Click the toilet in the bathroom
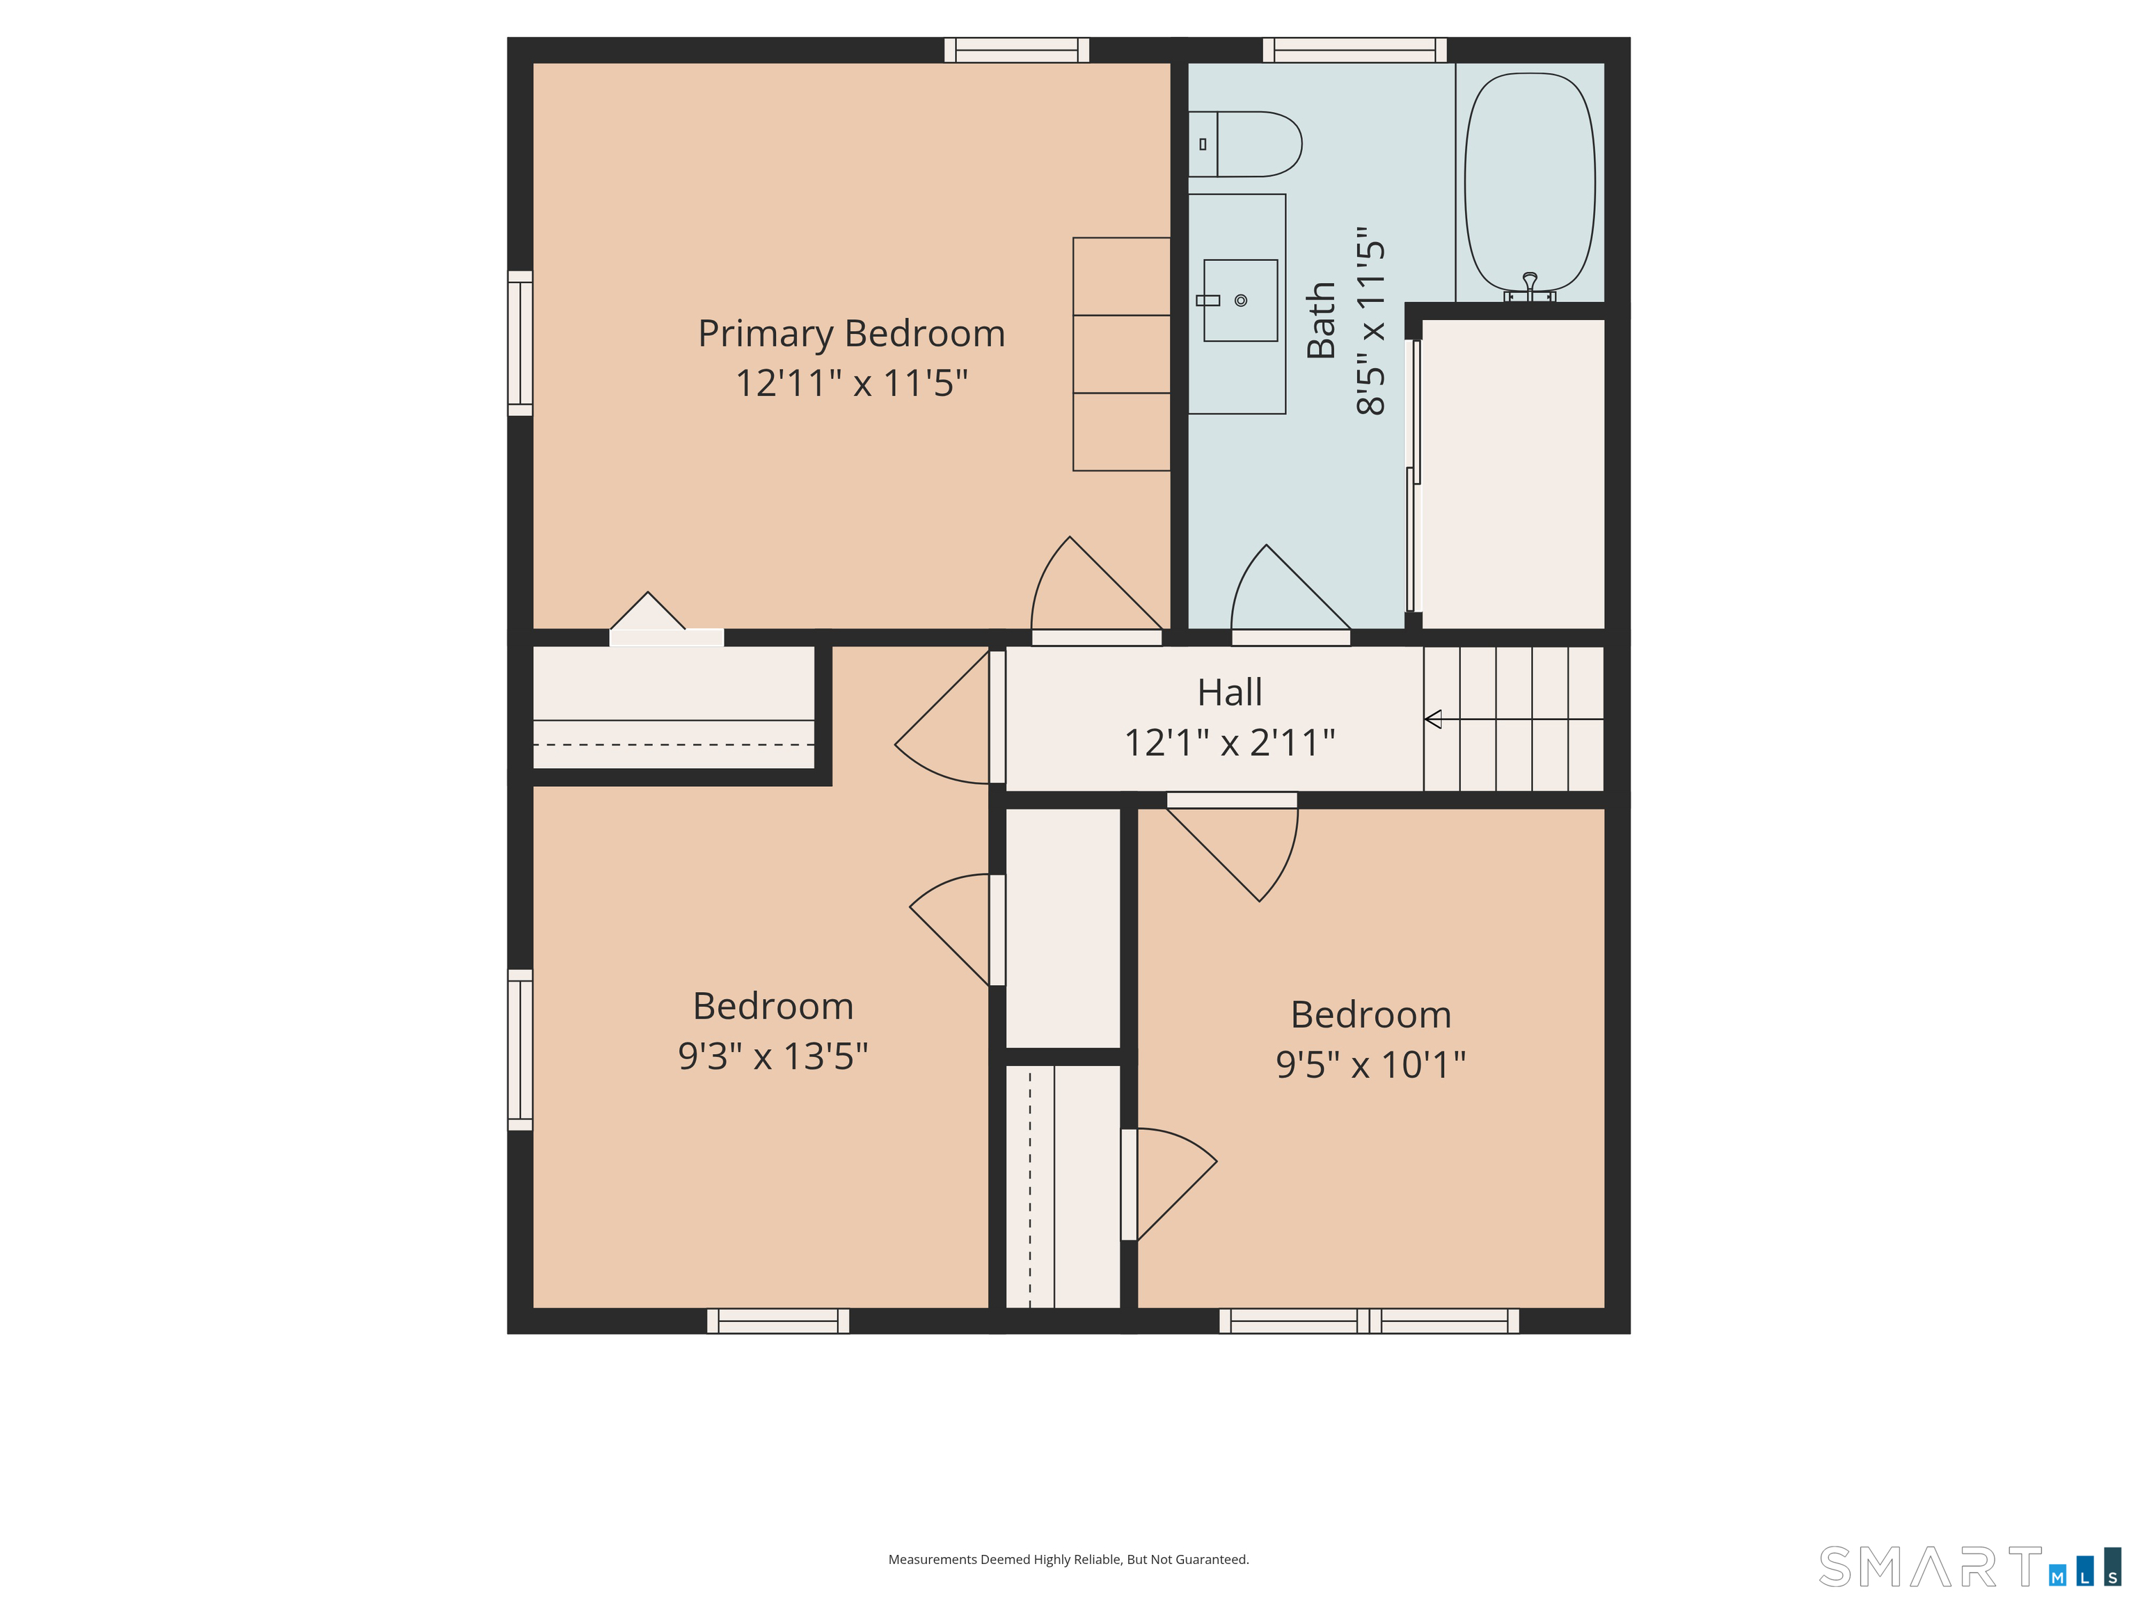coord(1247,144)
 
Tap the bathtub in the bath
coord(1529,182)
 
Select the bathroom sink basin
coord(1241,301)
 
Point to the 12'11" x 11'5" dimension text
coord(852,383)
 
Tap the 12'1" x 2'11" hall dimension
coord(1230,743)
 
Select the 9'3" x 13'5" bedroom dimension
coord(773,1056)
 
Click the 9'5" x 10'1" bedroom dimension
coord(1370,1064)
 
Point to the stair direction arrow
coord(1434,719)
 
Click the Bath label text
coord(1321,321)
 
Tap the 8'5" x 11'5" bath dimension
coord(1372,321)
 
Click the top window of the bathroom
coord(1354,50)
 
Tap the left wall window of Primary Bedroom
coord(520,343)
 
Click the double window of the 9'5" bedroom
coord(1369,1321)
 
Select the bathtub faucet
coord(1529,283)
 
